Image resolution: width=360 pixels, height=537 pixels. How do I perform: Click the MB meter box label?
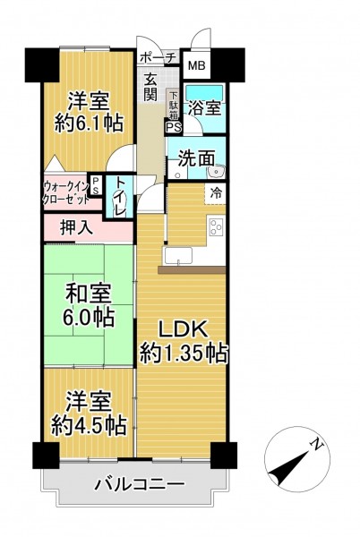(197, 65)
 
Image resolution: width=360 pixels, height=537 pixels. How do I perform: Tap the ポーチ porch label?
(158, 57)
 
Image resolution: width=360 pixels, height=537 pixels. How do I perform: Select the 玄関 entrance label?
(150, 87)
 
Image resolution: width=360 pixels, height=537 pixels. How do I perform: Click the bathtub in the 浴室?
(204, 93)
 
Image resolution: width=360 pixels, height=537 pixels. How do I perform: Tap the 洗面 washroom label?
(196, 158)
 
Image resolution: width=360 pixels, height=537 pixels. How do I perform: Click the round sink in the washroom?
(216, 171)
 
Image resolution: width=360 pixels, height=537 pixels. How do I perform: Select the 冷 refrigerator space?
(216, 193)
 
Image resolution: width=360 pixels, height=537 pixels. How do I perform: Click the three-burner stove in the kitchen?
(216, 226)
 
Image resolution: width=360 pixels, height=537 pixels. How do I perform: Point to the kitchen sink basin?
(178, 256)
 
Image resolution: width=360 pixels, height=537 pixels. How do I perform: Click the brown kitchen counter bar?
(192, 270)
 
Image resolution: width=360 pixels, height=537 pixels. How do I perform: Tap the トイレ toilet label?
(120, 197)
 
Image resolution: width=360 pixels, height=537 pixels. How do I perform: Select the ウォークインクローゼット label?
(66, 193)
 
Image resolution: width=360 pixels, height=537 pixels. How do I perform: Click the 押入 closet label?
(76, 227)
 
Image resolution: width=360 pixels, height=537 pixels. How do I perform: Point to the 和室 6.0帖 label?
(88, 306)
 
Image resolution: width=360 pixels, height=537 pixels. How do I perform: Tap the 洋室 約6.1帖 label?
(89, 112)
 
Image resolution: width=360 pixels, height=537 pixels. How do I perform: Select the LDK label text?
(183, 329)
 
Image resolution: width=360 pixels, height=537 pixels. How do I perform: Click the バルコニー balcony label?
(140, 484)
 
